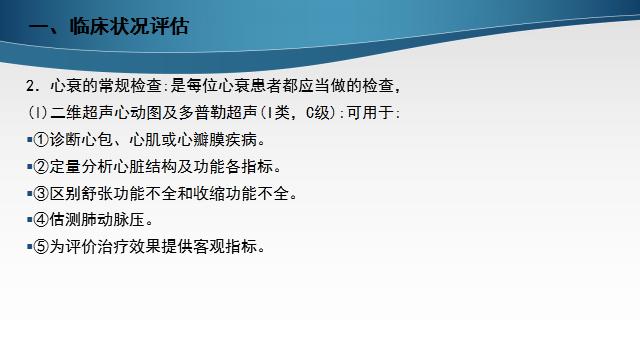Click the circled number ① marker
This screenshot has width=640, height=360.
click(x=43, y=138)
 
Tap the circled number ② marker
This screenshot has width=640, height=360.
click(x=43, y=165)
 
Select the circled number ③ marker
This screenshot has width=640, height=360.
click(x=43, y=192)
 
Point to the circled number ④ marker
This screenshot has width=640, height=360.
click(x=43, y=219)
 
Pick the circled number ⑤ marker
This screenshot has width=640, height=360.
click(x=43, y=246)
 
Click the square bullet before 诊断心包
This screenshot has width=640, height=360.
click(x=30, y=138)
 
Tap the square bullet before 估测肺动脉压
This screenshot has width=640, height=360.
click(x=30, y=219)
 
